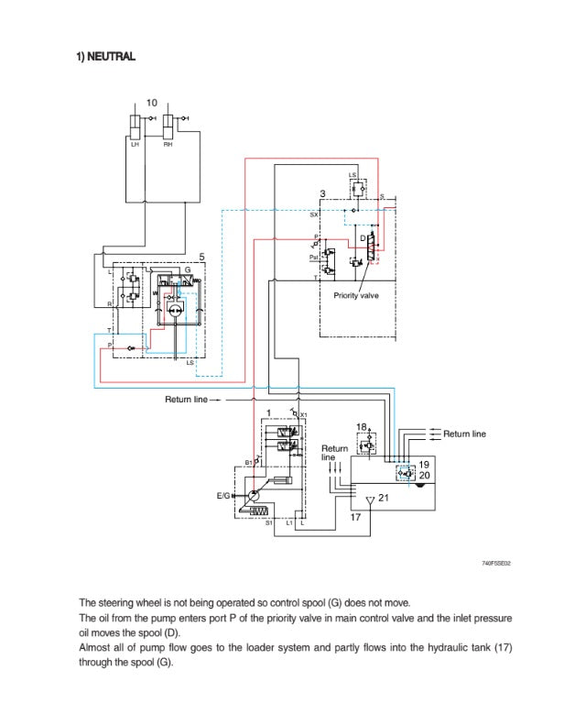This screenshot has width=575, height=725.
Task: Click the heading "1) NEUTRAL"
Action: pos(105,57)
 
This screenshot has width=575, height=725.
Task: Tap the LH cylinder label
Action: pos(135,144)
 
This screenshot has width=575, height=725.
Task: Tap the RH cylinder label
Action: pos(168,144)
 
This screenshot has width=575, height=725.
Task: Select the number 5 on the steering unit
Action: pos(201,258)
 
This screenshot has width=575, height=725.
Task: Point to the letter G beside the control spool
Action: pos(187,270)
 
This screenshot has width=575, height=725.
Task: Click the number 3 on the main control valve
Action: pos(322,193)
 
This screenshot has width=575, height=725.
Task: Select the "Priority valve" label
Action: pos(356,295)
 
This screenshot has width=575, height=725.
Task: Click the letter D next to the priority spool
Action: pos(363,238)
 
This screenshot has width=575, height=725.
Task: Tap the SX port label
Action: pos(314,214)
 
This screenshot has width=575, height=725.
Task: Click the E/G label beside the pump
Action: pos(223,495)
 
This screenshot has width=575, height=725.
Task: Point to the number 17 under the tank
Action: pos(357,517)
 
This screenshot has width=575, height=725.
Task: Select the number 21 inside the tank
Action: pos(384,499)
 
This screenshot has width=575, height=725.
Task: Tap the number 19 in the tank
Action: pos(424,464)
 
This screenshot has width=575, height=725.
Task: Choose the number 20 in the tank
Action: pos(424,475)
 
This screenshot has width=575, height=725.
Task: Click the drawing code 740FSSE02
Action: pos(495,563)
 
